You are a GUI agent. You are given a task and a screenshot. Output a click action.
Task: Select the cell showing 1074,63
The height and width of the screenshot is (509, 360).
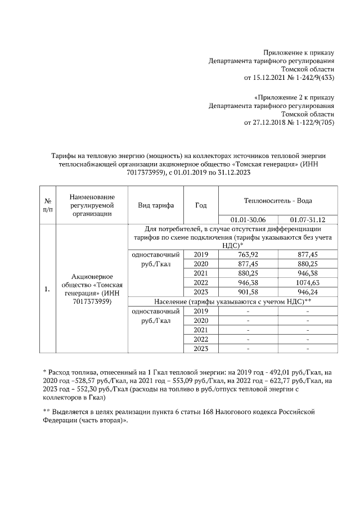point(308,282)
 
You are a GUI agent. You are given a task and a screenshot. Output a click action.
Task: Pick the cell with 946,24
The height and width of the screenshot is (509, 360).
point(308,292)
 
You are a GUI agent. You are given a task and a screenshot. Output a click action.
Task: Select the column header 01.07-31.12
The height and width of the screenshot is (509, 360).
point(308,219)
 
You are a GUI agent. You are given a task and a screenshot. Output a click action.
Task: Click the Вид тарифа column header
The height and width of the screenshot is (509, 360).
point(156,205)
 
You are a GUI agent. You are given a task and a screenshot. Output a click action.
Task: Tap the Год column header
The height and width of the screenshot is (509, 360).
point(201,205)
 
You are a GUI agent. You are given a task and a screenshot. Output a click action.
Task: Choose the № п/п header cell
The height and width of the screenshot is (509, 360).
point(48,205)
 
